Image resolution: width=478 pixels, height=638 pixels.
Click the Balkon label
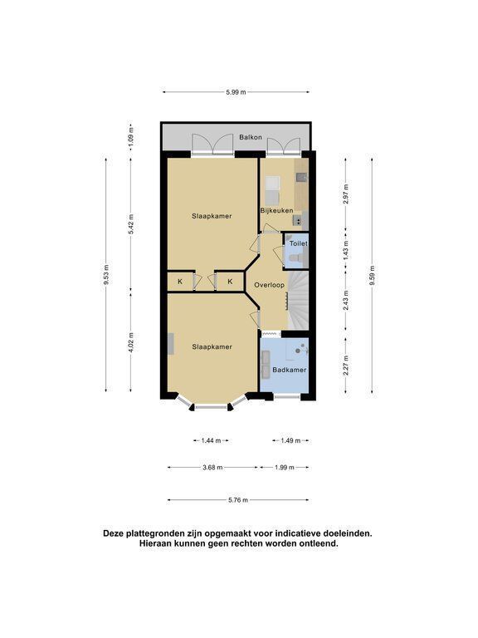coord(251,138)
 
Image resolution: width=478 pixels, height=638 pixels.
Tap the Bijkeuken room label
coord(276,211)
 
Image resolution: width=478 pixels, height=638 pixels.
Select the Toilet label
coord(299,243)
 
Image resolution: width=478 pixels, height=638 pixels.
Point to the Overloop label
coord(269,285)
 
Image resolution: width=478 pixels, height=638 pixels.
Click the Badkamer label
coord(290,371)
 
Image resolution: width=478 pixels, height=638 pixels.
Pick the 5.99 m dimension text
coord(237,92)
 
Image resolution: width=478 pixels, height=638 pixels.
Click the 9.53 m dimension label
coord(106,275)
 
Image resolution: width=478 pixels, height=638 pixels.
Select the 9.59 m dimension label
coord(372,276)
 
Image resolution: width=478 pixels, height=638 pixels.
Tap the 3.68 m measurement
coord(212,468)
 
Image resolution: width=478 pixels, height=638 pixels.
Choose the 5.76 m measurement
coord(238,500)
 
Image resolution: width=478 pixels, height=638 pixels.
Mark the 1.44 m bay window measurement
coord(211,440)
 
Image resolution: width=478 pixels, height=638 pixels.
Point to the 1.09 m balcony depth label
coord(130,137)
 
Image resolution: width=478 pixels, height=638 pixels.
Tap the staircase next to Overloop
coord(299,300)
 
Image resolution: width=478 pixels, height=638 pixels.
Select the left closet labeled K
coord(180,282)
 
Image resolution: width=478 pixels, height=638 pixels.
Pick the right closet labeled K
coord(230,282)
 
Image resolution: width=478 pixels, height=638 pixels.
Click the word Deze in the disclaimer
coord(114,533)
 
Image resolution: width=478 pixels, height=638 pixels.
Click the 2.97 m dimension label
coord(346,194)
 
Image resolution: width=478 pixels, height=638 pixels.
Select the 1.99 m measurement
coord(284,468)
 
